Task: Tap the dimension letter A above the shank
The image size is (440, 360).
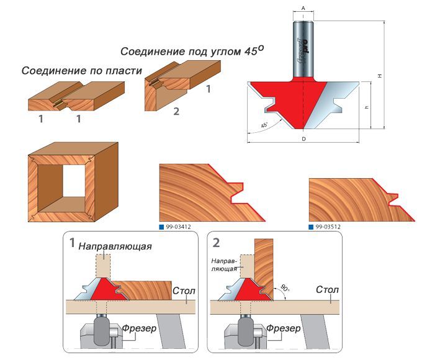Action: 303,7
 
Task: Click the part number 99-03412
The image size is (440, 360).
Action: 179,227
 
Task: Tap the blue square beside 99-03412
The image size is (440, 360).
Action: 162,227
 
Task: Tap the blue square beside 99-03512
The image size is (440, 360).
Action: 312,227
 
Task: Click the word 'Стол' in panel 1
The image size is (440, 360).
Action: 184,289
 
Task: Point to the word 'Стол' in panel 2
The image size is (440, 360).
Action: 328,289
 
